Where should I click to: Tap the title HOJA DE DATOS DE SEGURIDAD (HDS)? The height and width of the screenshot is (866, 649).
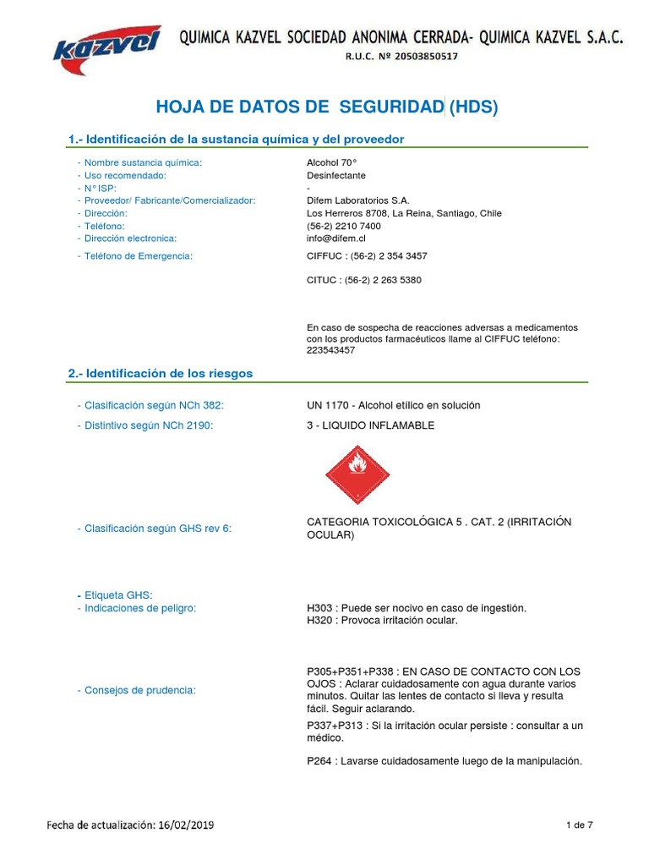tap(328, 107)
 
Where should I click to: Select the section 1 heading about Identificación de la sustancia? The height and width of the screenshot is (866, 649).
tap(236, 139)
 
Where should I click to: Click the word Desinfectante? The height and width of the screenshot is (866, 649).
tap(335, 175)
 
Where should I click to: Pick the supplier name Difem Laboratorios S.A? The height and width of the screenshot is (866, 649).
tap(357, 200)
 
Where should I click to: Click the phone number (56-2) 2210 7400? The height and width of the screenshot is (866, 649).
tap(343, 226)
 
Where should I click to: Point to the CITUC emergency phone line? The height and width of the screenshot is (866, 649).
tap(363, 280)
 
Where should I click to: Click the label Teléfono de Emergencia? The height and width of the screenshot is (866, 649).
tap(139, 255)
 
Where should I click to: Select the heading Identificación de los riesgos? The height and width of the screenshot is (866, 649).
tap(160, 373)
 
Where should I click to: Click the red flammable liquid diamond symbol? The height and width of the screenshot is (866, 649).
tap(358, 474)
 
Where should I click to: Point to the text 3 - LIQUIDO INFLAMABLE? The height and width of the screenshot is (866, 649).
tap(370, 425)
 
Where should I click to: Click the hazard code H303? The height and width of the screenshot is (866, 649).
tap(320, 608)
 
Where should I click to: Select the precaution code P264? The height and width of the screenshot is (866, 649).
tap(320, 761)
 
